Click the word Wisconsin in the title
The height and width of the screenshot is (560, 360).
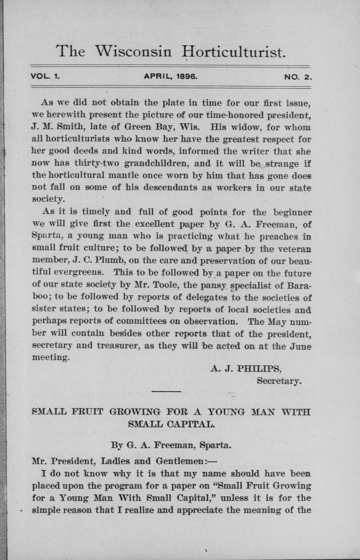coord(133,52)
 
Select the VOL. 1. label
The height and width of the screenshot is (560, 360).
coord(45,76)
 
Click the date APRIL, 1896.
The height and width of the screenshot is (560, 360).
coord(170,76)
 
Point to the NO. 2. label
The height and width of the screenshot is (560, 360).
coord(298,76)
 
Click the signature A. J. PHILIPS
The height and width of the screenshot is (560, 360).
coord(246,368)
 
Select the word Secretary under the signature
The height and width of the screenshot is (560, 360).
coord(279,381)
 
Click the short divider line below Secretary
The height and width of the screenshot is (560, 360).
coord(166,391)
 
